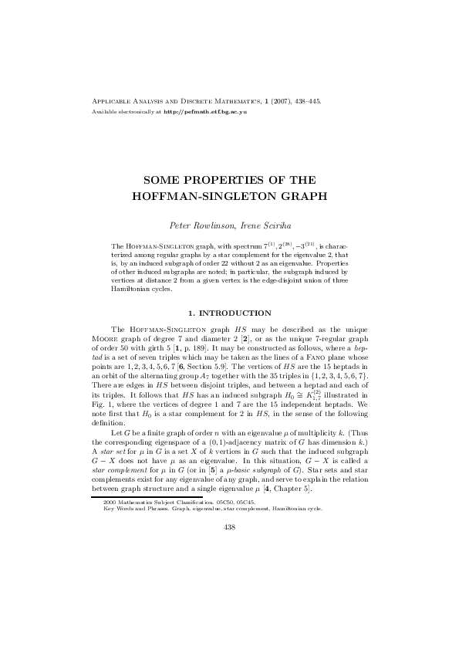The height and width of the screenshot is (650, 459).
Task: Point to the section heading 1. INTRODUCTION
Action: coord(229,313)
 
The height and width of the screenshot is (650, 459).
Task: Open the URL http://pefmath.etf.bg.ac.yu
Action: coord(204,113)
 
